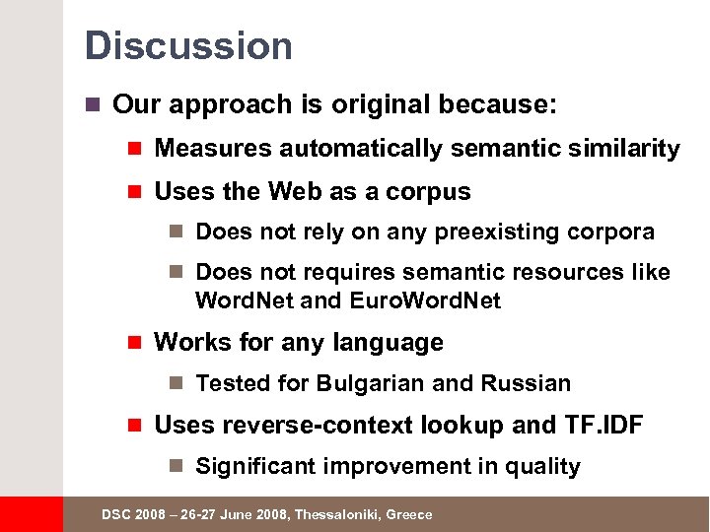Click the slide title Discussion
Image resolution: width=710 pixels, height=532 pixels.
tap(188, 46)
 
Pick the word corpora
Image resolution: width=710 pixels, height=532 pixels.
tap(610, 233)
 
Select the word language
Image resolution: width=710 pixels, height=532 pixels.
tap(389, 343)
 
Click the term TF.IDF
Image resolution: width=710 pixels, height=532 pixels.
tap(603, 426)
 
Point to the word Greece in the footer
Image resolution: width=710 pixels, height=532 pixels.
tap(409, 514)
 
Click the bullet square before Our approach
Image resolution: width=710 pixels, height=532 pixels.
tap(94, 104)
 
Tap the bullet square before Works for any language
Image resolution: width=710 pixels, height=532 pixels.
tap(136, 343)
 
